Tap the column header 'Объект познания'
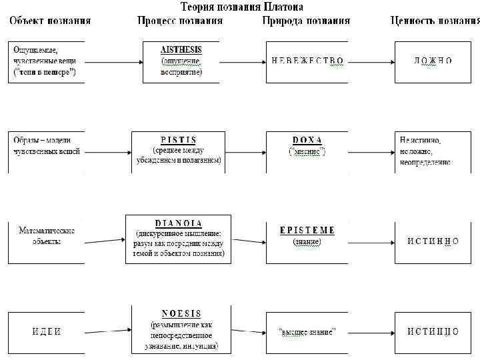[x=50, y=21]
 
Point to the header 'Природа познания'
[x=305, y=21]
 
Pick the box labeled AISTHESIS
[x=181, y=61]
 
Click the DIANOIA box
[x=178, y=239]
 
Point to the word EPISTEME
[x=307, y=231]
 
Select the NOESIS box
[x=181, y=329]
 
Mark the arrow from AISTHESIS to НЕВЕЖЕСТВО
[x=242, y=61]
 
